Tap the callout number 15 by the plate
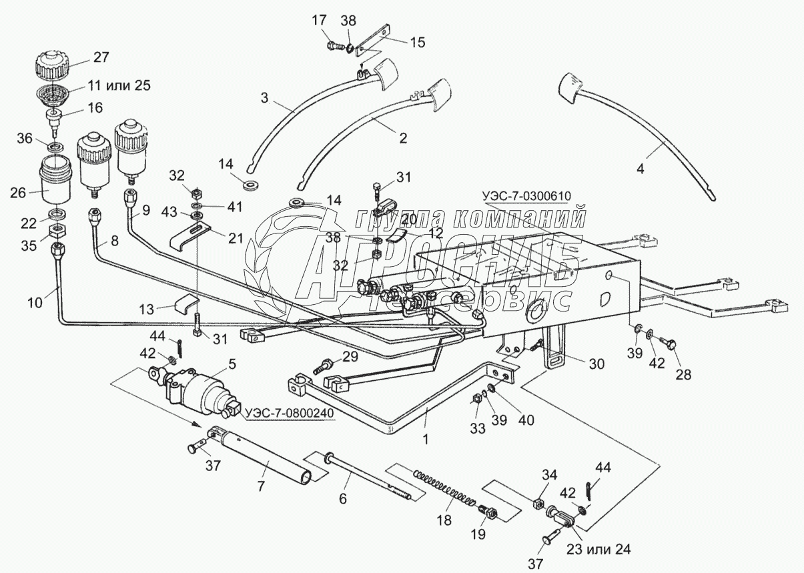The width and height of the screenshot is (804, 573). point(416,42)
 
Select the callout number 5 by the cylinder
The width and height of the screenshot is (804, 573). point(233,364)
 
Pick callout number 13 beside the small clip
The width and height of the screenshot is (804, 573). point(147,308)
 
